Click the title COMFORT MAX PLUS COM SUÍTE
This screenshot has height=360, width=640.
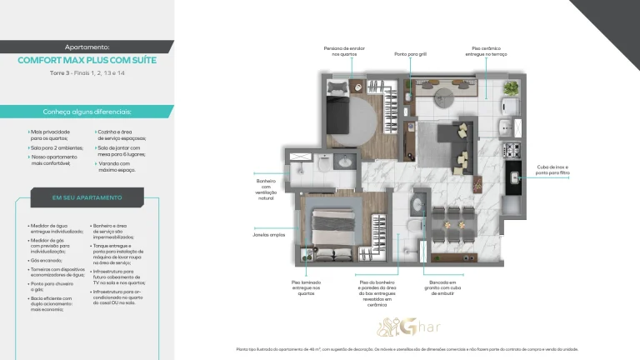(x=87, y=60)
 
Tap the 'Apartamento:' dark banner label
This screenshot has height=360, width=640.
(x=87, y=47)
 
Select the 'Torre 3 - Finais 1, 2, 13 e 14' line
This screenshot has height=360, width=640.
(x=87, y=73)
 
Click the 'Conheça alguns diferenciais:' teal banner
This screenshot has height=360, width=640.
(x=87, y=112)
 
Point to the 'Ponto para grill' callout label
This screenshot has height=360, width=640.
(x=410, y=54)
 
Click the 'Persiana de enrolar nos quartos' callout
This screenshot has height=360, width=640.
(x=344, y=51)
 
